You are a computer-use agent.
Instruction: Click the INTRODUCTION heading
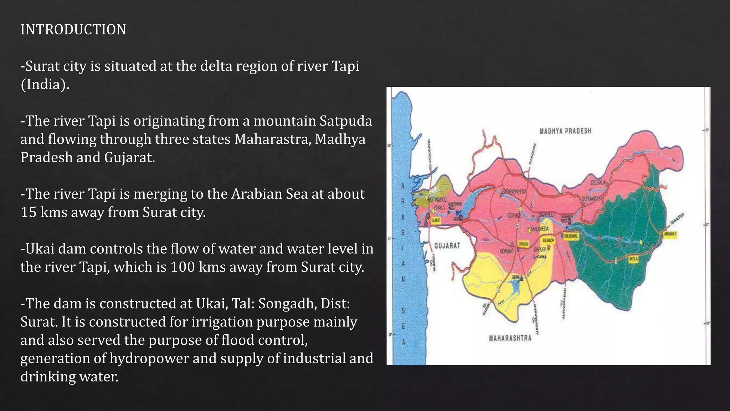pyautogui.click(x=73, y=30)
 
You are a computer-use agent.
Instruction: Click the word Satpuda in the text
pyautogui.click(x=345, y=121)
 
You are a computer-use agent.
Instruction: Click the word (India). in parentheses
pyautogui.click(x=45, y=85)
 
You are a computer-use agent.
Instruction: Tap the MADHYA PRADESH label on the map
pyautogui.click(x=565, y=131)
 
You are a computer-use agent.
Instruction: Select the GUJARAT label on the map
pyautogui.click(x=447, y=246)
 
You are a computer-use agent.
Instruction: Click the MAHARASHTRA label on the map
pyautogui.click(x=510, y=338)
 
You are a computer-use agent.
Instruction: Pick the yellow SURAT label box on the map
pyautogui.click(x=436, y=221)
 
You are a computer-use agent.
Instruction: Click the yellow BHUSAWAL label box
pyautogui.click(x=571, y=236)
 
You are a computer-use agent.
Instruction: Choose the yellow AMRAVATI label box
pyautogui.click(x=670, y=234)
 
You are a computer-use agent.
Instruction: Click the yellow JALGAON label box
pyautogui.click(x=548, y=240)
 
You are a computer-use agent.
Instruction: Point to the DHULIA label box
pyautogui.click(x=523, y=244)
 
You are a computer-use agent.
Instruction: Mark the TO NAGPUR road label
pyautogui.click(x=677, y=218)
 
